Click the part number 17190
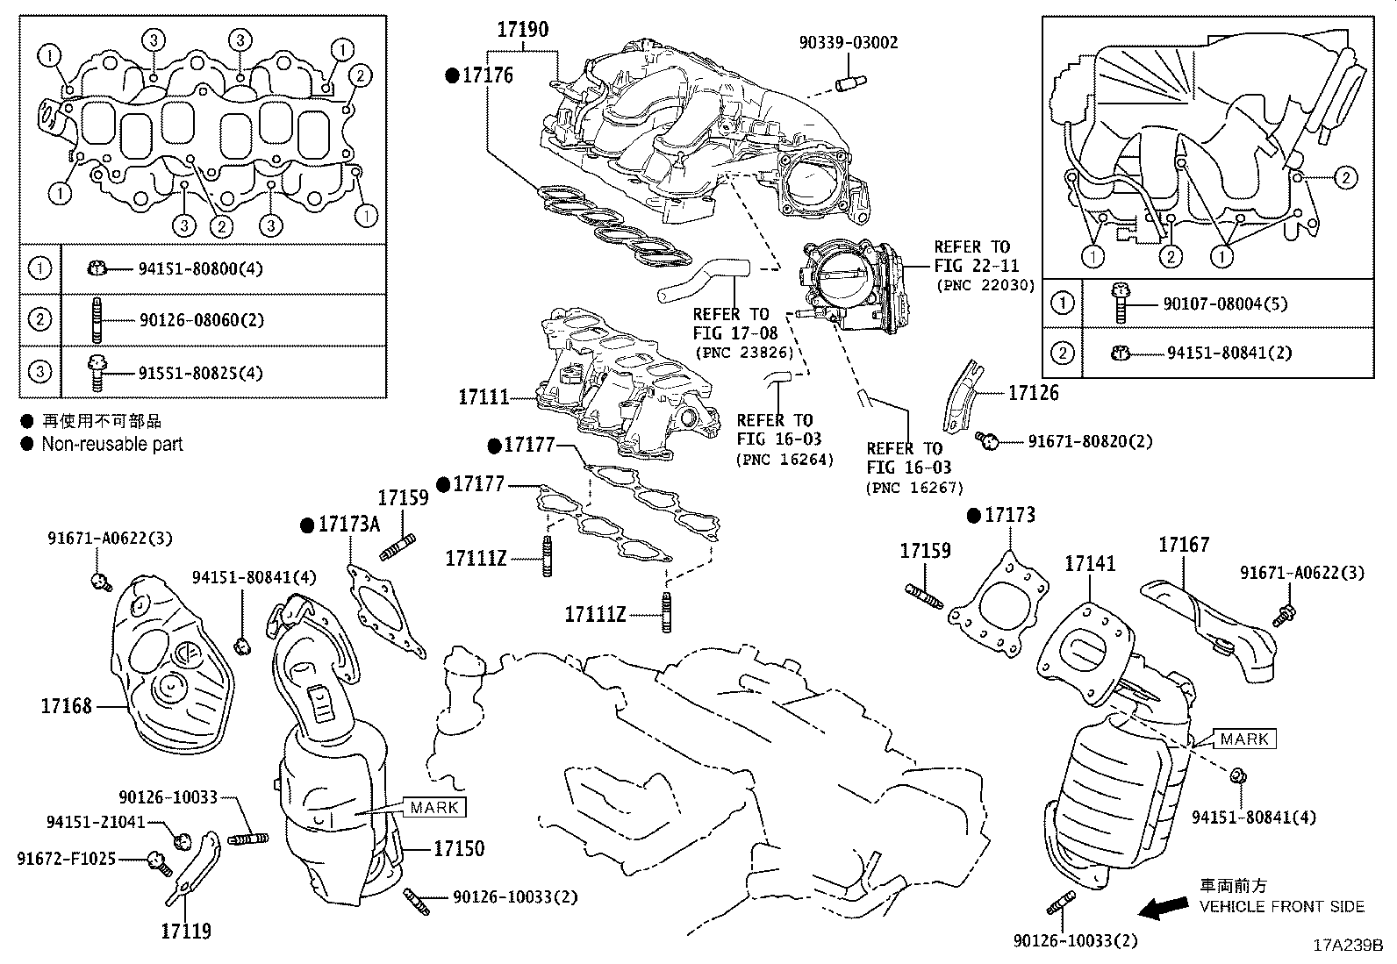click(523, 29)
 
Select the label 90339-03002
click(849, 42)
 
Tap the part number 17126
click(1034, 393)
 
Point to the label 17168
click(66, 706)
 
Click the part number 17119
click(186, 931)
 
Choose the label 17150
click(459, 848)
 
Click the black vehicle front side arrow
click(1163, 908)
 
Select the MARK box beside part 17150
click(434, 808)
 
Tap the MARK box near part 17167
click(1244, 739)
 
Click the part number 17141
click(1090, 564)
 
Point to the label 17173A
click(348, 525)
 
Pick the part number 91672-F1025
click(66, 859)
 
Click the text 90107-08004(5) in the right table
click(1225, 303)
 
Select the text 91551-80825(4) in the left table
click(200, 373)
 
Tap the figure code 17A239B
click(1348, 946)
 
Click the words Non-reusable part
click(112, 444)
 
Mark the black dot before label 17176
click(452, 76)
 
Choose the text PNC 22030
click(985, 285)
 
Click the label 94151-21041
click(96, 822)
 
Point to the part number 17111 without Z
click(484, 397)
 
